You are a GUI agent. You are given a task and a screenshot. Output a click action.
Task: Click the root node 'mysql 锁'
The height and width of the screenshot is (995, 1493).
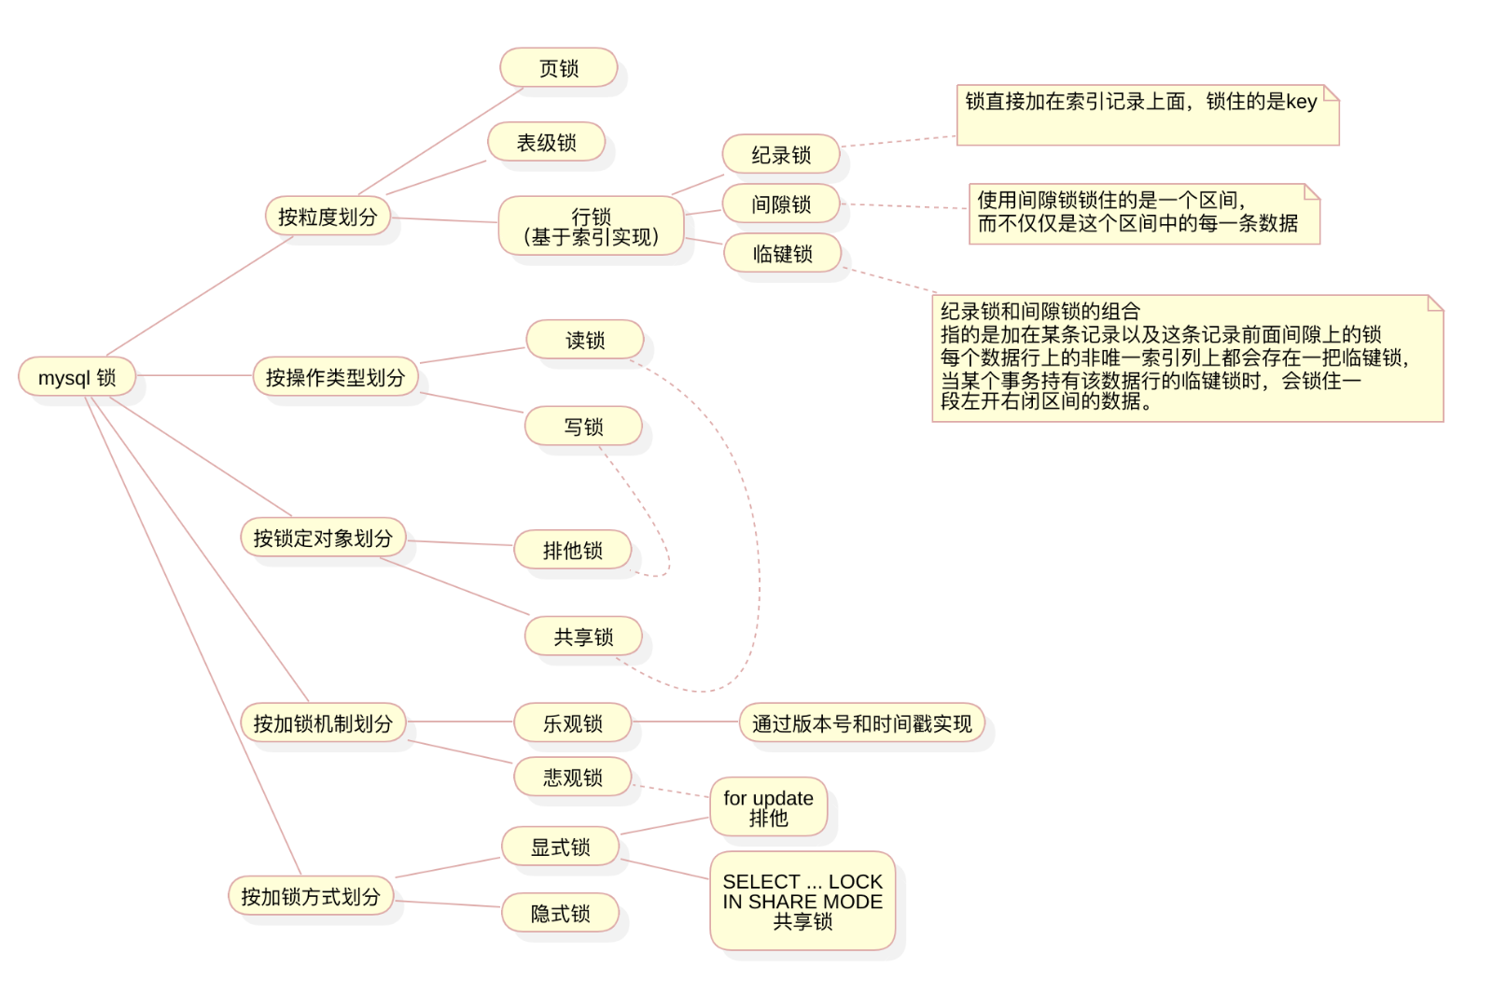(77, 377)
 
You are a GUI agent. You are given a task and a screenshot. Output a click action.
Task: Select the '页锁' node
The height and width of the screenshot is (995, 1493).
(559, 67)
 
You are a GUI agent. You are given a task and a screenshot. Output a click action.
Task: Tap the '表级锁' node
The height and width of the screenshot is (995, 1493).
(547, 141)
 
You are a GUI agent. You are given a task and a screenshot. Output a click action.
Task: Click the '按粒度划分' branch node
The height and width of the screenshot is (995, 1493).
(328, 216)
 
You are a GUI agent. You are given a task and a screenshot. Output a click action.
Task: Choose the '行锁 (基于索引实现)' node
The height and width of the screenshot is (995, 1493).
(592, 225)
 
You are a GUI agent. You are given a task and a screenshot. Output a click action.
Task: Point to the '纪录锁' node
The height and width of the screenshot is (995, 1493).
(781, 154)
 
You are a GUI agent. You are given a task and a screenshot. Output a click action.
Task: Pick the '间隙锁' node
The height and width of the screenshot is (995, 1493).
(781, 203)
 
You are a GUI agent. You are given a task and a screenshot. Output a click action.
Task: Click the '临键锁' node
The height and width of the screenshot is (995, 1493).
(783, 253)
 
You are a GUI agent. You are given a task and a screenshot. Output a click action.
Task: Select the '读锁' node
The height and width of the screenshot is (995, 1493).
(584, 340)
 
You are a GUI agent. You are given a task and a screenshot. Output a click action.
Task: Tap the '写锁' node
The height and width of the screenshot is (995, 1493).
(583, 427)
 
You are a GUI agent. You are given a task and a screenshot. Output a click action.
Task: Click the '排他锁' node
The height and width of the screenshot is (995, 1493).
(573, 550)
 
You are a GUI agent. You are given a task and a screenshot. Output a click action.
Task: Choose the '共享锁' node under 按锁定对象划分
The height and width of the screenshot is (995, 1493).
(583, 637)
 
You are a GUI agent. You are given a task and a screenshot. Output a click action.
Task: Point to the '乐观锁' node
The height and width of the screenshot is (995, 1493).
(573, 722)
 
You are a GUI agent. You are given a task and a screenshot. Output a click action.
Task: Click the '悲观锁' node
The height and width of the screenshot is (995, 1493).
(573, 777)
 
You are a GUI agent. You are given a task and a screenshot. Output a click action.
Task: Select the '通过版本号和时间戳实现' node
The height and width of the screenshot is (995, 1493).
(862, 722)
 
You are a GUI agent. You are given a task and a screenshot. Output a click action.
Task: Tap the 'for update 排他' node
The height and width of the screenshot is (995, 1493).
(769, 807)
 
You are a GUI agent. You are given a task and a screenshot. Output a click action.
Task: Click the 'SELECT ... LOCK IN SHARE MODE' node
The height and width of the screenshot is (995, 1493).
(802, 901)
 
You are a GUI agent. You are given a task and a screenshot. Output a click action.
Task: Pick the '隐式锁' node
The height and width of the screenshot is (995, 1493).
(560, 912)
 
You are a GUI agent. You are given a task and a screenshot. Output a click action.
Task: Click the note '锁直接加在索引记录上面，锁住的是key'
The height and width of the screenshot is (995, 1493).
(1148, 115)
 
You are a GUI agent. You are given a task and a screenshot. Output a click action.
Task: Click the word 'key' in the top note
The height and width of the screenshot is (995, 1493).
(1301, 102)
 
